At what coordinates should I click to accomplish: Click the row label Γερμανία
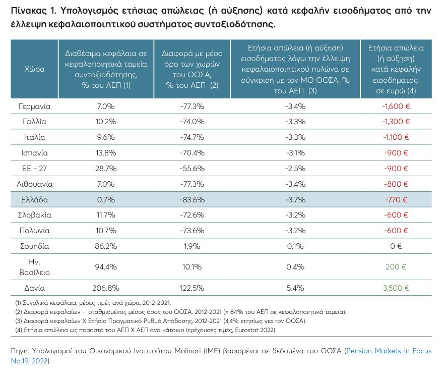34,106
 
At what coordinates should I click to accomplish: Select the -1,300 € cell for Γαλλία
396,122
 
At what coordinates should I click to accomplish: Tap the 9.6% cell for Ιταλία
106,137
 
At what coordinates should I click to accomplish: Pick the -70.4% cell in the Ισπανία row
192,153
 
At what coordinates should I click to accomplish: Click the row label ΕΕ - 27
34,169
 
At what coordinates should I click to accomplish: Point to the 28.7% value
106,169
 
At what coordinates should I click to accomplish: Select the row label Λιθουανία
34,184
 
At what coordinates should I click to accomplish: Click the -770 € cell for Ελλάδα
396,199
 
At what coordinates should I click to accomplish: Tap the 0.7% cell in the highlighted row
106,199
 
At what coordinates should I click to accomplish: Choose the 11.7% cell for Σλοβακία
106,215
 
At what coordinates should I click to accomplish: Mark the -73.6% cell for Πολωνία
192,231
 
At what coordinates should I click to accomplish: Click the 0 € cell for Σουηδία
396,246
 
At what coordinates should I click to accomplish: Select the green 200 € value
396,267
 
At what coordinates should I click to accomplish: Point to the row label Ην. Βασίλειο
34,267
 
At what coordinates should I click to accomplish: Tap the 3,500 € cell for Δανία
396,288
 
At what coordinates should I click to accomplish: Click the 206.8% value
106,288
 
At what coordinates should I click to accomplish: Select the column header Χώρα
34,69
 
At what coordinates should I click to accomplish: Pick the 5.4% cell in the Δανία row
295,288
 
